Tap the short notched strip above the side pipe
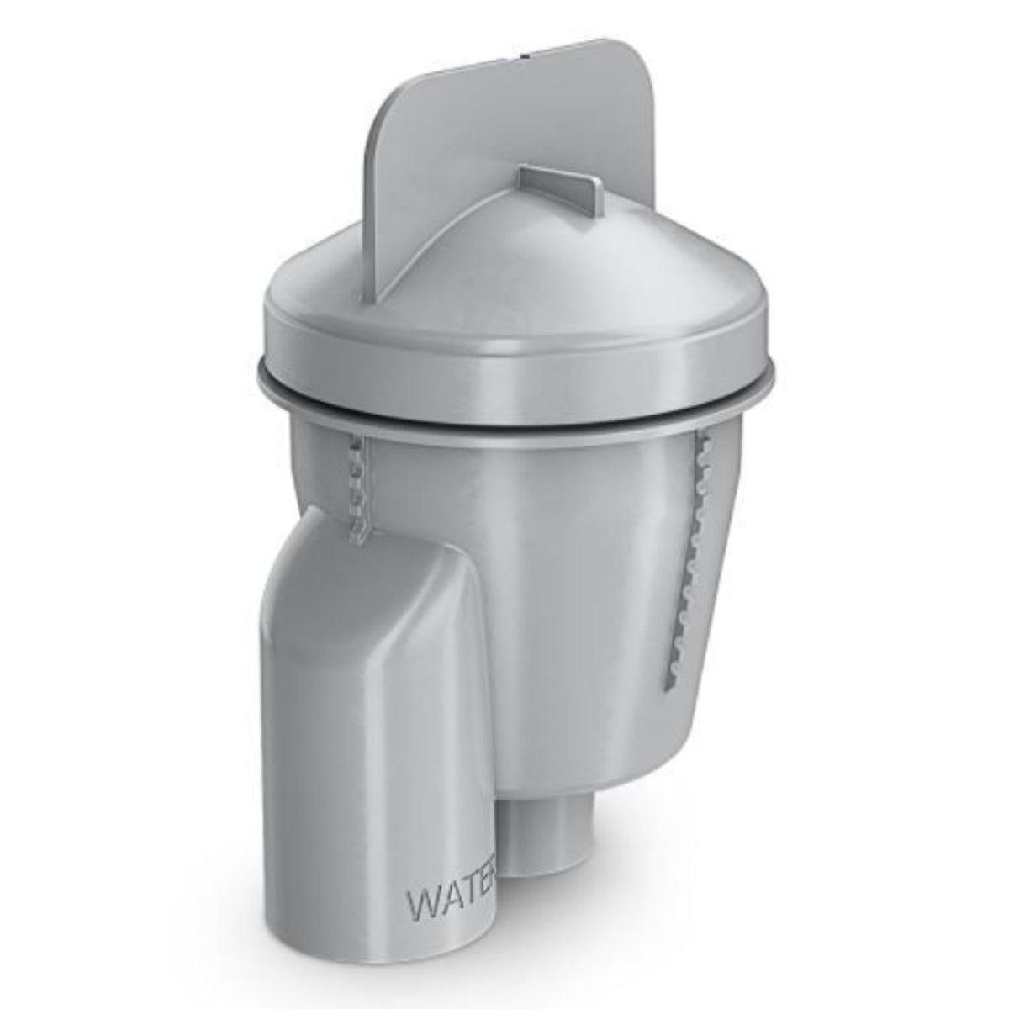tap(360, 488)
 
